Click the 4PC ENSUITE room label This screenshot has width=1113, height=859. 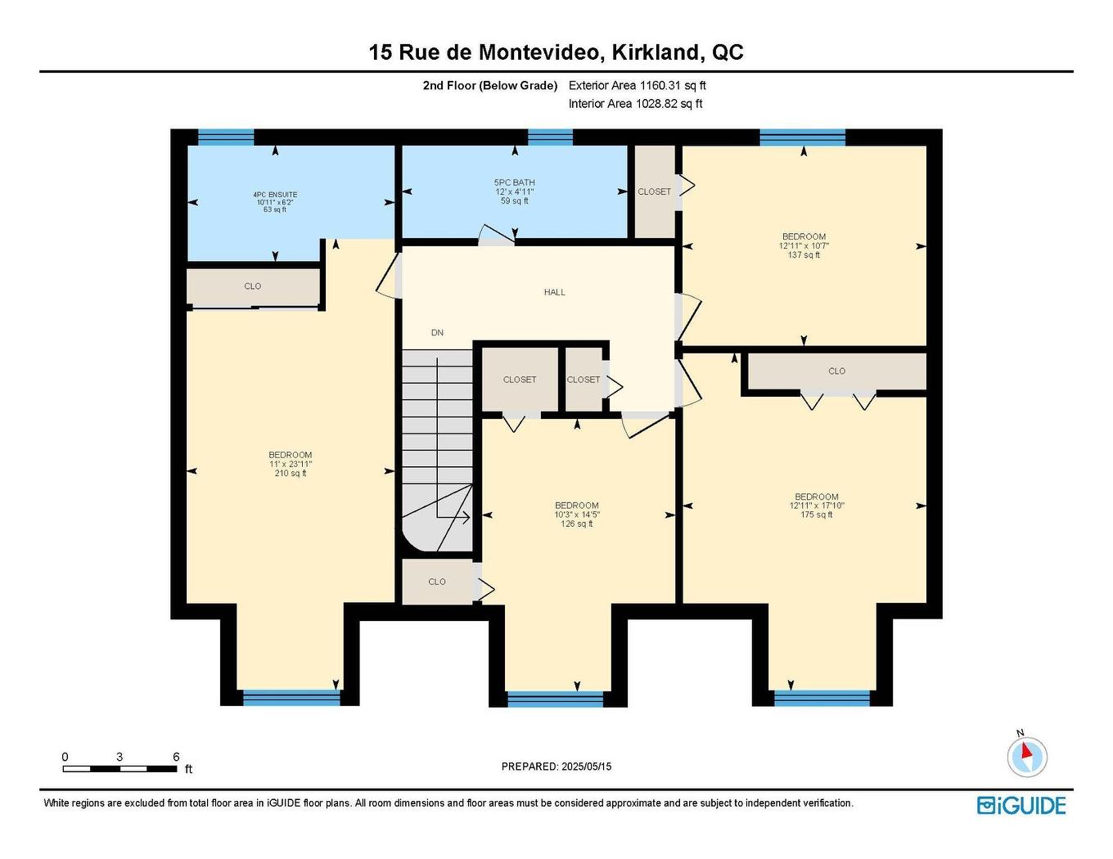pyautogui.click(x=275, y=195)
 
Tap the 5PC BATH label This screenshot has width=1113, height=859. pyautogui.click(x=514, y=182)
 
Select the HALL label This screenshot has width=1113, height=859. pyautogui.click(x=555, y=292)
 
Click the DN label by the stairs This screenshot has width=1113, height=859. pyautogui.click(x=438, y=333)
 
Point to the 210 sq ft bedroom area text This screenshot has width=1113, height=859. pyautogui.click(x=291, y=474)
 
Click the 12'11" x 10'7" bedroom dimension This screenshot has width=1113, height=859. pyautogui.click(x=804, y=245)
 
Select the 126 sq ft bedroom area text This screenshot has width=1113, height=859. pyautogui.click(x=576, y=524)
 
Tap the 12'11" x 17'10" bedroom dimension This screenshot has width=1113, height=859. pyautogui.click(x=816, y=506)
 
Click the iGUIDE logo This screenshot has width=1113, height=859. pyautogui.click(x=1021, y=805)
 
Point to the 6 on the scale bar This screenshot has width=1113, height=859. pyautogui.click(x=176, y=758)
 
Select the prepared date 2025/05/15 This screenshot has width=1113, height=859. pyautogui.click(x=586, y=767)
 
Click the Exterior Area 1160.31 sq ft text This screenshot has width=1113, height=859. pyautogui.click(x=637, y=85)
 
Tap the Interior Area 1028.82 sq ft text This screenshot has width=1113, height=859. pyautogui.click(x=635, y=104)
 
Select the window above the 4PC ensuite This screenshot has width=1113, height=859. pyautogui.click(x=226, y=137)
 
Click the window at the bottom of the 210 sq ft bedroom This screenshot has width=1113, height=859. pyautogui.click(x=291, y=697)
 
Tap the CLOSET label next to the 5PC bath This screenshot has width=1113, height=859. pyautogui.click(x=654, y=191)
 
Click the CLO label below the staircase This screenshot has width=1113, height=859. pyautogui.click(x=437, y=582)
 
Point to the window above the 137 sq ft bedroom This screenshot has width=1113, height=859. pyautogui.click(x=802, y=137)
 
